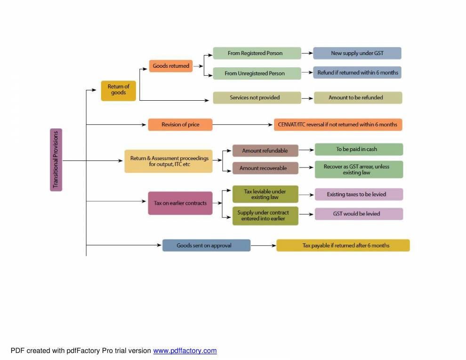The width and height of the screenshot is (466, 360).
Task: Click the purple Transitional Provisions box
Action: [56, 160]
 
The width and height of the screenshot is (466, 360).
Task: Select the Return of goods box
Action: [118, 90]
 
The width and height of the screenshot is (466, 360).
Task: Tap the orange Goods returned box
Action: [171, 66]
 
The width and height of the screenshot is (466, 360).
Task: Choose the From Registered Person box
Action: [257, 53]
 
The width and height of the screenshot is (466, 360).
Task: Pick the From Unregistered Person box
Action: [257, 73]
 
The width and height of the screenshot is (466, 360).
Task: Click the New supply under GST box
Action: [357, 53]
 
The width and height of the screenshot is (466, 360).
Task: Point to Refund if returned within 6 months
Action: [357, 73]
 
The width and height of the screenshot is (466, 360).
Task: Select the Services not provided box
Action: [257, 98]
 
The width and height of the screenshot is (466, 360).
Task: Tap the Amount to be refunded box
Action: [358, 98]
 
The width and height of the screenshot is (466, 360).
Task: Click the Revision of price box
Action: [180, 125]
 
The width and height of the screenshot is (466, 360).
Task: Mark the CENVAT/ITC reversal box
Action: [337, 125]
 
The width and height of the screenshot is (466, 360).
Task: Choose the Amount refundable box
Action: [265, 151]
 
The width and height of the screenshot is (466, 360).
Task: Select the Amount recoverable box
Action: [265, 168]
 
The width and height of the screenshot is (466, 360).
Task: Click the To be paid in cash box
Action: [359, 149]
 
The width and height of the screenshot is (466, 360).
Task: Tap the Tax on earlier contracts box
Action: [180, 203]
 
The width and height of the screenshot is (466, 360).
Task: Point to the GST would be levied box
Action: [359, 214]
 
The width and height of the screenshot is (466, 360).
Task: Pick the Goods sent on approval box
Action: [206, 245]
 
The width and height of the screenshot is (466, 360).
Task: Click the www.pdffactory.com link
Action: [185, 351]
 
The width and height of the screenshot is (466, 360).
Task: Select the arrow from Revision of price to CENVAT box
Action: [243, 125]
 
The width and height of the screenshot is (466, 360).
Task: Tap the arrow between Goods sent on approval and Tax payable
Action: [263, 245]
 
